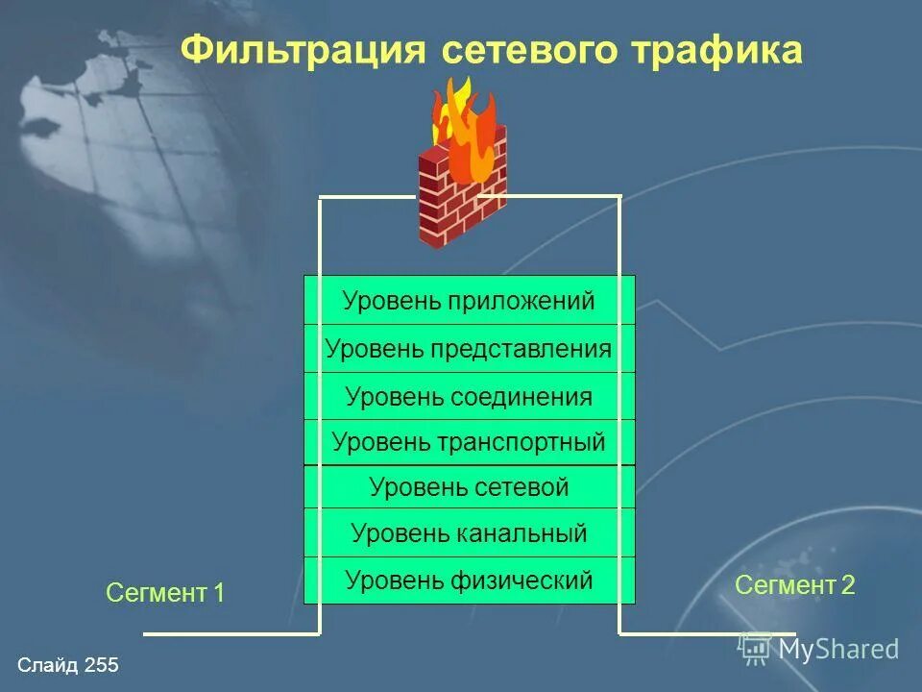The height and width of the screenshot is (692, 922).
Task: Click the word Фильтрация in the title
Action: [x=303, y=50]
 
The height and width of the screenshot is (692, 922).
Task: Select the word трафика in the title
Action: [x=724, y=50]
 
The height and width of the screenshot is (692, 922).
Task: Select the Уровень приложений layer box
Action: [x=469, y=301]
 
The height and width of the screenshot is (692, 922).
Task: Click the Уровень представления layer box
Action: [x=469, y=349]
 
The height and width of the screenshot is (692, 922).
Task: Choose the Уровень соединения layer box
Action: [x=469, y=396]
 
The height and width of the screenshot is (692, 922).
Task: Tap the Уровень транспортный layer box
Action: [x=469, y=442]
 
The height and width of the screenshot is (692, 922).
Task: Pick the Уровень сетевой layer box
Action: [x=469, y=487]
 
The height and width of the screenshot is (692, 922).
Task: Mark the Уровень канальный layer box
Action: [x=469, y=532]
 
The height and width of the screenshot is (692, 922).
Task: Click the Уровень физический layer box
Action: [x=469, y=581]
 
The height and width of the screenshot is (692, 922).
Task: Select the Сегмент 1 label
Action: [x=165, y=594]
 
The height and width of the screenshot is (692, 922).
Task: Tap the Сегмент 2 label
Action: [x=794, y=584]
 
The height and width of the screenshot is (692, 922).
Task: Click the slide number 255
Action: [x=101, y=665]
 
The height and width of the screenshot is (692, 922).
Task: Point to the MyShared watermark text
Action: [x=838, y=649]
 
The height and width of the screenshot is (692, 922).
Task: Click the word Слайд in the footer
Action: [x=48, y=665]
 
